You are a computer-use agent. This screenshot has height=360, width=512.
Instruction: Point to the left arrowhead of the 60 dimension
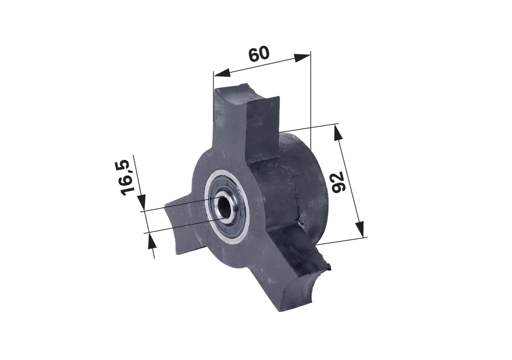[222, 73]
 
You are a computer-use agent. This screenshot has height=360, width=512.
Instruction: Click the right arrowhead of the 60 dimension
[302, 58]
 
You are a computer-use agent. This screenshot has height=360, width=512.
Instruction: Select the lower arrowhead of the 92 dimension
[360, 229]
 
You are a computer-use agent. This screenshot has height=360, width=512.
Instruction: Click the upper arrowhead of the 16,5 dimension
[142, 202]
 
